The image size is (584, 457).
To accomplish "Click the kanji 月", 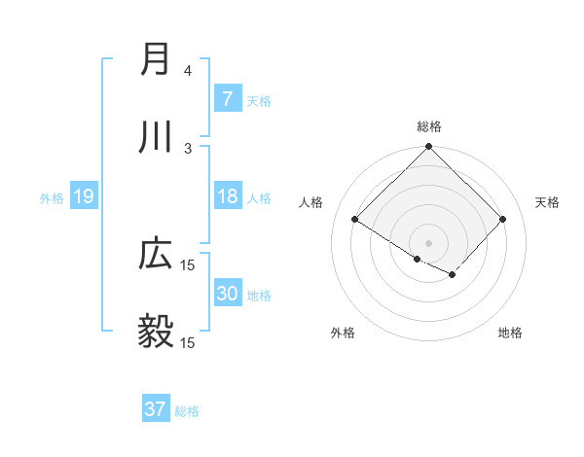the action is [156, 60].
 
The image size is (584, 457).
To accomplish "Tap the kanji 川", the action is [156, 138].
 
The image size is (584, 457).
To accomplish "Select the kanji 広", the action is [156, 255].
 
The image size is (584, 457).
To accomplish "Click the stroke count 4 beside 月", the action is [188, 71].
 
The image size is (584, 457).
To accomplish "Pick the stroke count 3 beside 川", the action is [188, 148].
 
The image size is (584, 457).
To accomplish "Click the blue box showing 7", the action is [227, 98].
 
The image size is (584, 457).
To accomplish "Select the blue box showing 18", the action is [227, 196].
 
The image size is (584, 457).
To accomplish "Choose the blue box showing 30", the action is [227, 294].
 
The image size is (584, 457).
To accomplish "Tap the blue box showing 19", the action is [83, 196].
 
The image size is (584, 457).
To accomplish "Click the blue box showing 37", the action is [155, 409].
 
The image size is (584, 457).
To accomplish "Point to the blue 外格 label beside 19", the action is [52, 197].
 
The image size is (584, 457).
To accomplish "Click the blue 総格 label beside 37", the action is [187, 411].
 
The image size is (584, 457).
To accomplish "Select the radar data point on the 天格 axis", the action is [502, 219].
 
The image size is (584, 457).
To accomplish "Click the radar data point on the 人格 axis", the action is [355, 219].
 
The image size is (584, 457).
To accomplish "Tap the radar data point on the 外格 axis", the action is [418, 259].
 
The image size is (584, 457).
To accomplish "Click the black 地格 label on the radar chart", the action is [510, 333].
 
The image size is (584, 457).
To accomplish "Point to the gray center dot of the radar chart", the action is [428, 242].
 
